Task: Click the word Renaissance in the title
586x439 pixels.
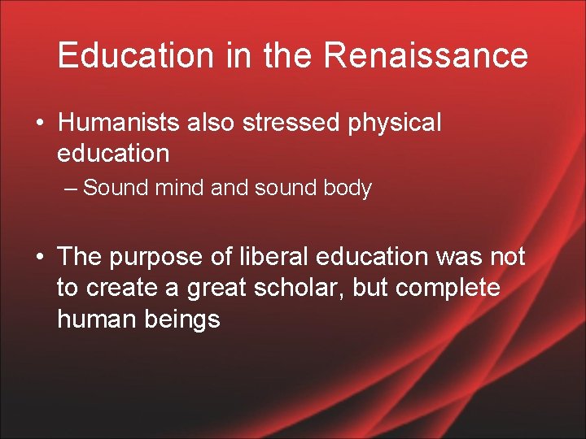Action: [426, 55]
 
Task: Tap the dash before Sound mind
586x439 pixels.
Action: [72, 189]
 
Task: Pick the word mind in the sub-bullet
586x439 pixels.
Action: [179, 189]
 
